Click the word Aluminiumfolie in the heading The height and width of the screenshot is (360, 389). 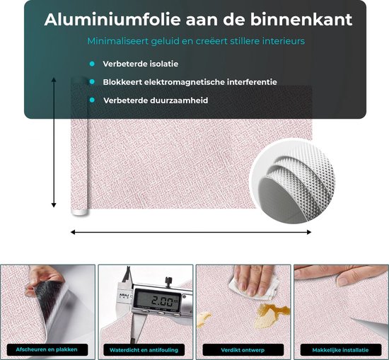[112, 19]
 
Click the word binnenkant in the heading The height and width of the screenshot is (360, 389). [301, 19]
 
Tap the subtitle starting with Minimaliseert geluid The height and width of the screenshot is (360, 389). [196, 41]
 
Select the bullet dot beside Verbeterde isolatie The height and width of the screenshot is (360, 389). [92, 64]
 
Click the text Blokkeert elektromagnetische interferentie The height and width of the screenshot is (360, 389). [190, 82]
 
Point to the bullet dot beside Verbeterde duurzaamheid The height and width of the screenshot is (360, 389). [92, 100]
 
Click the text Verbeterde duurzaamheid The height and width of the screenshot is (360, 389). [156, 100]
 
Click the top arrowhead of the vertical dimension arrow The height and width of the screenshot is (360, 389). [54, 79]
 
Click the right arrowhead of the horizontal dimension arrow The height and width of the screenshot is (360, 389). [309, 232]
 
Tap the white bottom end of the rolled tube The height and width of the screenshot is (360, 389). [79, 212]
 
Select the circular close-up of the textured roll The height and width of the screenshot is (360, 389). [293, 181]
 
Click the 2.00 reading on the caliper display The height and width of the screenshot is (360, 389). [163, 301]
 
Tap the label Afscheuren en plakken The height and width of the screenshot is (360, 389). [47, 349]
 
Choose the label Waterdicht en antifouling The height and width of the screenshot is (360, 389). [144, 350]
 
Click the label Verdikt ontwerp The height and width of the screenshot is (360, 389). [243, 350]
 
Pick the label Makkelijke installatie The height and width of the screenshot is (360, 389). [340, 350]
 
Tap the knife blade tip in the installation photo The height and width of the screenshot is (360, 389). [351, 318]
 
